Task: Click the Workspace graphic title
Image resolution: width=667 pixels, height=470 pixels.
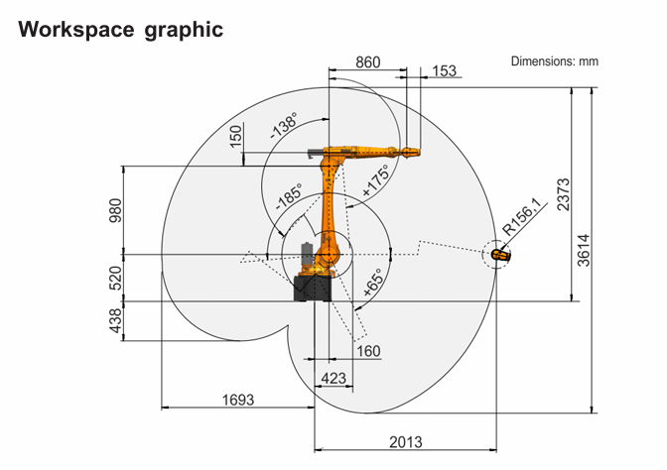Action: (x=120, y=31)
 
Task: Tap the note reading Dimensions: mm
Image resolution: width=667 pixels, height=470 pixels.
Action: (x=554, y=61)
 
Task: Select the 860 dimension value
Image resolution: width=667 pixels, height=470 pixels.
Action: (x=368, y=62)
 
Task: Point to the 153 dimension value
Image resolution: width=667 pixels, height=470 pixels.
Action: (x=444, y=70)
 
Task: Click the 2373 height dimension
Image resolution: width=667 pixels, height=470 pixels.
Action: (x=563, y=194)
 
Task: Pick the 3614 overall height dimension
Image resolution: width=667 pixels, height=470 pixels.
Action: (x=584, y=250)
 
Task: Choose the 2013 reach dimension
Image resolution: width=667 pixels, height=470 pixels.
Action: (x=406, y=442)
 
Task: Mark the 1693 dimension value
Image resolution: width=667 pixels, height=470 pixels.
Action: (x=238, y=400)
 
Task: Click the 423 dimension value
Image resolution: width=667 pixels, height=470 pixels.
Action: (x=333, y=378)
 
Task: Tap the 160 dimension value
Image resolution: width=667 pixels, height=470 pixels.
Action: (x=368, y=351)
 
